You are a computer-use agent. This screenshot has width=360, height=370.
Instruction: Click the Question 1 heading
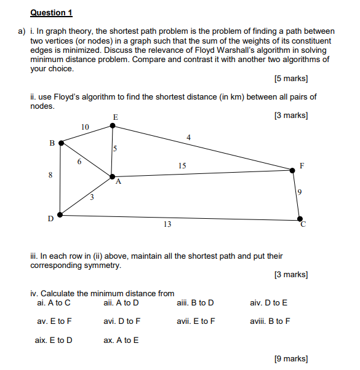pyautogui.click(x=51, y=13)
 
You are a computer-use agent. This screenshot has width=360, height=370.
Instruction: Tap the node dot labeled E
pyautogui.click(x=112, y=125)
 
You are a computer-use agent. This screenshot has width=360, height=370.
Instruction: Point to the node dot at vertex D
pyautogui.click(x=59, y=215)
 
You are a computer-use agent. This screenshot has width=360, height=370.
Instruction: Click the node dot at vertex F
pyautogui.click(x=294, y=170)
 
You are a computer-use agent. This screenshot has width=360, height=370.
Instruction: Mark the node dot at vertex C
pyautogui.click(x=300, y=218)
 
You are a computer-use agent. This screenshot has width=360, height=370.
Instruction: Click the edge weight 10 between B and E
pyautogui.click(x=85, y=127)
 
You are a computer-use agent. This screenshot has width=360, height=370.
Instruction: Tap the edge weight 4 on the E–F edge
pyautogui.click(x=188, y=137)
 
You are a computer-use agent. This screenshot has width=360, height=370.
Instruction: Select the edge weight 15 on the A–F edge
pyautogui.click(x=182, y=166)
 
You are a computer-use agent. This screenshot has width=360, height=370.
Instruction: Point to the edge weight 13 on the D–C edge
pyautogui.click(x=167, y=225)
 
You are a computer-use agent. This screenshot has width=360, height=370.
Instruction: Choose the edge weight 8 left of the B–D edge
pyautogui.click(x=50, y=175)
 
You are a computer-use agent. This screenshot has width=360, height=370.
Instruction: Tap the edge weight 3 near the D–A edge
pyautogui.click(x=92, y=197)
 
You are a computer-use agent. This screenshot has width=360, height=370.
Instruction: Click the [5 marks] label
pyautogui.click(x=290, y=79)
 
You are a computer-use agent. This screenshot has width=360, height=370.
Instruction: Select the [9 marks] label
pyautogui.click(x=290, y=358)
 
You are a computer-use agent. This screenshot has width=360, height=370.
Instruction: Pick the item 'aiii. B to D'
pyautogui.click(x=195, y=302)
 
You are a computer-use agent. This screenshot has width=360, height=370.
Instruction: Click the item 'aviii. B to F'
pyautogui.click(x=270, y=321)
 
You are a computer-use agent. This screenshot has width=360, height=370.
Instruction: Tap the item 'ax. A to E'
pyautogui.click(x=121, y=340)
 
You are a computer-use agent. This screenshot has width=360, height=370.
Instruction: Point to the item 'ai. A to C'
pyautogui.click(x=54, y=302)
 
